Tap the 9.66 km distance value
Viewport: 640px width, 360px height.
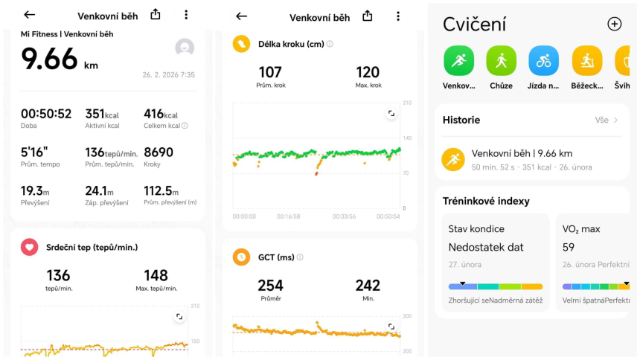[49, 58]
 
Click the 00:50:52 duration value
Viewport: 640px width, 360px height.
[46, 114]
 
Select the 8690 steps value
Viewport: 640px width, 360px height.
[159, 152]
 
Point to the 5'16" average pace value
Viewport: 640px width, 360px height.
[34, 152]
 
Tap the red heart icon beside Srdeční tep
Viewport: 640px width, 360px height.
[30, 247]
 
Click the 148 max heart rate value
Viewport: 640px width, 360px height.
[156, 276]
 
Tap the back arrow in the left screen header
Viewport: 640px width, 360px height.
[30, 15]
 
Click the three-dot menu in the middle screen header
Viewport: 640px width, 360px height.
[398, 16]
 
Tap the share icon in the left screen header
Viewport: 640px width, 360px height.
[156, 14]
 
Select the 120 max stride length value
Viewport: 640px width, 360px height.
[368, 72]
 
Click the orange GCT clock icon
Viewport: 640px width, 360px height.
[241, 257]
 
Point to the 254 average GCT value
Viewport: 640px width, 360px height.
[270, 286]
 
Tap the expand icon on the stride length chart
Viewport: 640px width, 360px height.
[391, 114]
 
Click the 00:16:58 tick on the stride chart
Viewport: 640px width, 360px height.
[288, 216]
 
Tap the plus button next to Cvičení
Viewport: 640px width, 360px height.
[614, 24]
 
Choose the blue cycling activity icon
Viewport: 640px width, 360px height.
[544, 61]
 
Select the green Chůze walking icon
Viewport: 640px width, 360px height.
[501, 61]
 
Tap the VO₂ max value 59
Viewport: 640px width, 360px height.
[568, 247]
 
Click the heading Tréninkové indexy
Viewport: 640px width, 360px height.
[486, 201]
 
